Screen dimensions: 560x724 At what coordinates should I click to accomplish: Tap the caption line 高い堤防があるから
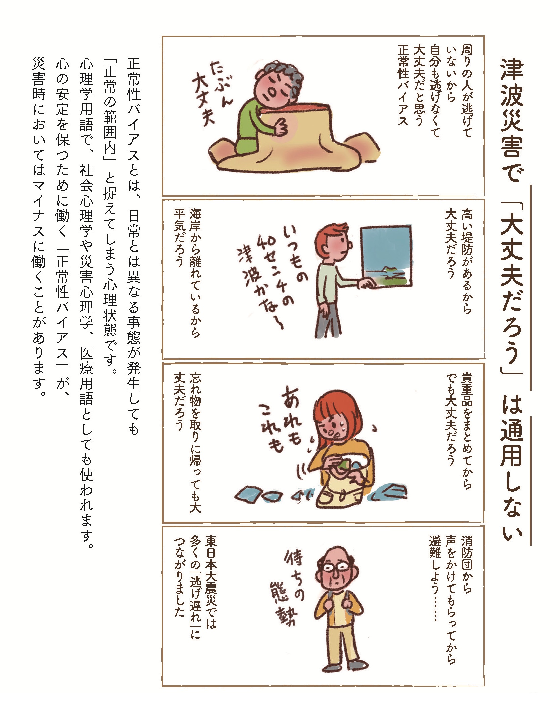[x=467, y=261]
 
